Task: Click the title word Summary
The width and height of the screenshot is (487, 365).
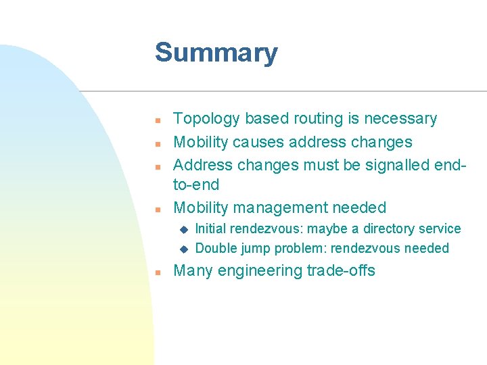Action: pos(216,53)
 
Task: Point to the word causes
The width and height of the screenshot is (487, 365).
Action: pos(260,143)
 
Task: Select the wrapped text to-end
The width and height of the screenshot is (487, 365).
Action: pos(196,185)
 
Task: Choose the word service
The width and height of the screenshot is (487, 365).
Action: pos(440,229)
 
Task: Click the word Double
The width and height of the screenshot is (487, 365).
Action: pos(216,249)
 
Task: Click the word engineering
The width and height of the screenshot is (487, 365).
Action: pos(258,271)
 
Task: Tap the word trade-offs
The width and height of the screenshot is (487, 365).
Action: pos(341,271)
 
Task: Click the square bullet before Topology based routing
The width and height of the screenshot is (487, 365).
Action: pos(156,120)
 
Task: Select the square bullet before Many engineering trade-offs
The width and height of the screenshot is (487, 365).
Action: pos(156,272)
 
